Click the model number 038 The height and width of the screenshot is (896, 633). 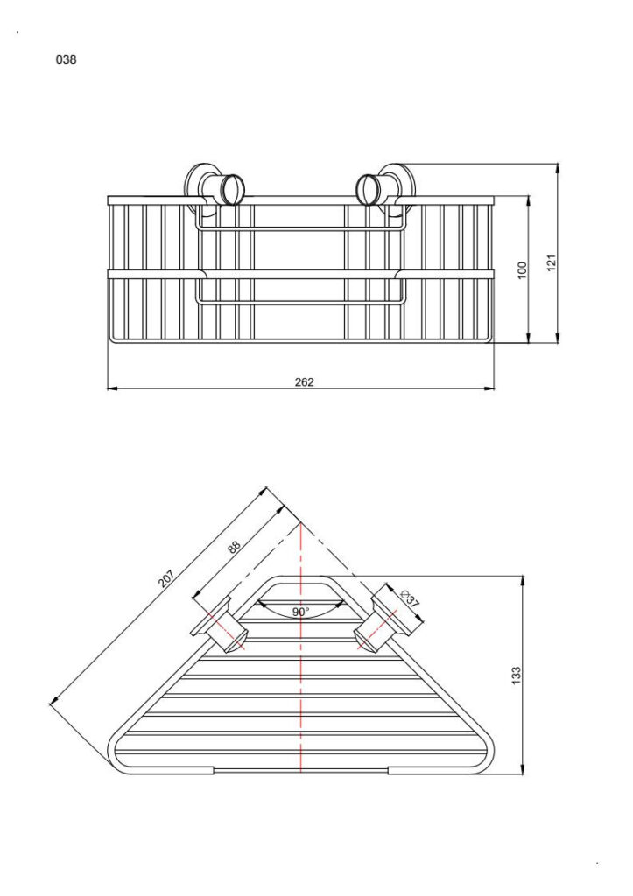[66, 61]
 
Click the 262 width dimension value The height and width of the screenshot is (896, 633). [304, 381]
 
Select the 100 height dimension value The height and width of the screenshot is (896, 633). [523, 269]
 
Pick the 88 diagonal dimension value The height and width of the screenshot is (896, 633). [234, 548]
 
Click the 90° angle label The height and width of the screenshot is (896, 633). [300, 612]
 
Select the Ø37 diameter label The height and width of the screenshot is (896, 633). [410, 600]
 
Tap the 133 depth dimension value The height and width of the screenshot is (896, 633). [516, 675]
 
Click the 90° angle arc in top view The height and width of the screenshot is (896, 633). [300, 603]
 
